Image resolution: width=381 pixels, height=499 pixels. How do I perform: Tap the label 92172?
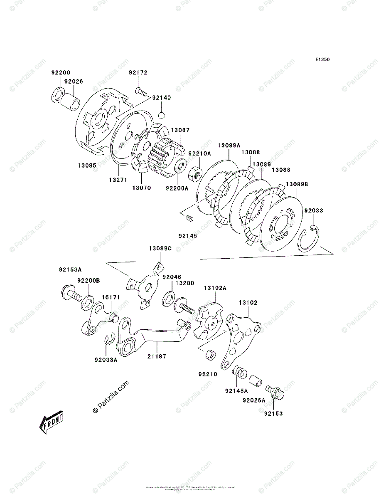pyautogui.click(x=138, y=72)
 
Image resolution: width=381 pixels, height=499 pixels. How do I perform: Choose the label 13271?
pyautogui.click(x=117, y=180)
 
